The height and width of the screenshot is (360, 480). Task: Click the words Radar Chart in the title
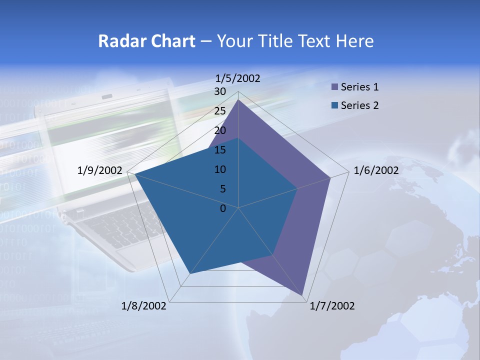click(146, 41)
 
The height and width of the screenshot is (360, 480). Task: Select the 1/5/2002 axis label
click(237, 78)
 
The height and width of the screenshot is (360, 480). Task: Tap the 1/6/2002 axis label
click(376, 170)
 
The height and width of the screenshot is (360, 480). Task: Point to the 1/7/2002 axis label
click(332, 306)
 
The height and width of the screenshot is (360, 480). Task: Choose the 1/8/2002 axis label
click(144, 306)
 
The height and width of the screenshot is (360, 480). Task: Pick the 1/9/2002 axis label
click(100, 170)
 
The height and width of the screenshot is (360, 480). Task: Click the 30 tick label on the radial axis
click(220, 91)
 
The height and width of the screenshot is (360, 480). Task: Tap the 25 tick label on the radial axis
click(220, 111)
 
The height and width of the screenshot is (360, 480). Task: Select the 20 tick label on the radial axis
click(220, 130)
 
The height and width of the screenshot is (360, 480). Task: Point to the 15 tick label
click(220, 150)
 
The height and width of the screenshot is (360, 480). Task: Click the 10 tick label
click(220, 169)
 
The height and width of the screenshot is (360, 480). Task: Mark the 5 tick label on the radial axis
click(222, 189)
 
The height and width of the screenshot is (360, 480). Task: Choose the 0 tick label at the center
click(223, 208)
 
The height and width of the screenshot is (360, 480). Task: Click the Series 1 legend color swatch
click(334, 87)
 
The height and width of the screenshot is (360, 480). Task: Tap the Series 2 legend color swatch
click(334, 105)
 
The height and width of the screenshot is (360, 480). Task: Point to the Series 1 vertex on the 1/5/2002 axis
click(238, 100)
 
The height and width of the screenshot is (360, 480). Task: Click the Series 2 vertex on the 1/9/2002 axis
click(133, 174)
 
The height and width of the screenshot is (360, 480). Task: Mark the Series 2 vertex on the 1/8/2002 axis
click(189, 273)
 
